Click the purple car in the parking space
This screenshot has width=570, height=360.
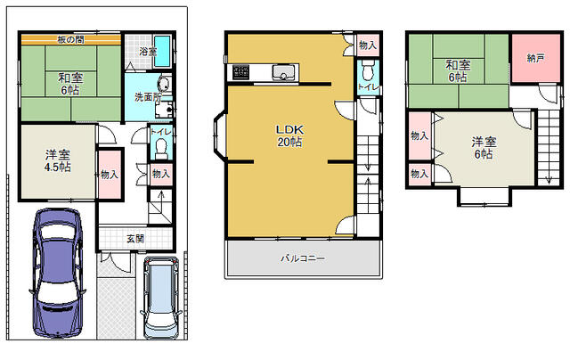(57, 273)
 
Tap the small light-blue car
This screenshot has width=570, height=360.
(160, 299)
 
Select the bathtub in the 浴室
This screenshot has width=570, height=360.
(162, 52)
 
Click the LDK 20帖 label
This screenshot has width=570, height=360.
(289, 135)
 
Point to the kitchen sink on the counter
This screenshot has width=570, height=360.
(285, 72)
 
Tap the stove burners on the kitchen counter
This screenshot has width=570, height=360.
(241, 72)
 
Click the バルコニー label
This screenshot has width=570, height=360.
(303, 258)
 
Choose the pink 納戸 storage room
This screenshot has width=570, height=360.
(536, 58)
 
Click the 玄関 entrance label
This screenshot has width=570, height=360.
(135, 239)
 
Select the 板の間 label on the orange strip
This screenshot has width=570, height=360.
(71, 39)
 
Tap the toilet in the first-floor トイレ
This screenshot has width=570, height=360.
(160, 150)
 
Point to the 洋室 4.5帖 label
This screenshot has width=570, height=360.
(57, 161)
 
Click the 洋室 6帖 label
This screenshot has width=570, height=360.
(484, 148)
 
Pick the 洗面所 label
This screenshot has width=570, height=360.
(148, 97)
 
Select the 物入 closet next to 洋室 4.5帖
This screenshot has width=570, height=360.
(110, 174)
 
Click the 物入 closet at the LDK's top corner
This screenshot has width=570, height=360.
(368, 45)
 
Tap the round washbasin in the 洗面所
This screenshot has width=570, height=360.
(164, 85)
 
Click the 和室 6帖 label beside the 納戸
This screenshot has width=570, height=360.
(458, 71)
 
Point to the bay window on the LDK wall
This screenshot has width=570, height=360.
(219, 136)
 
